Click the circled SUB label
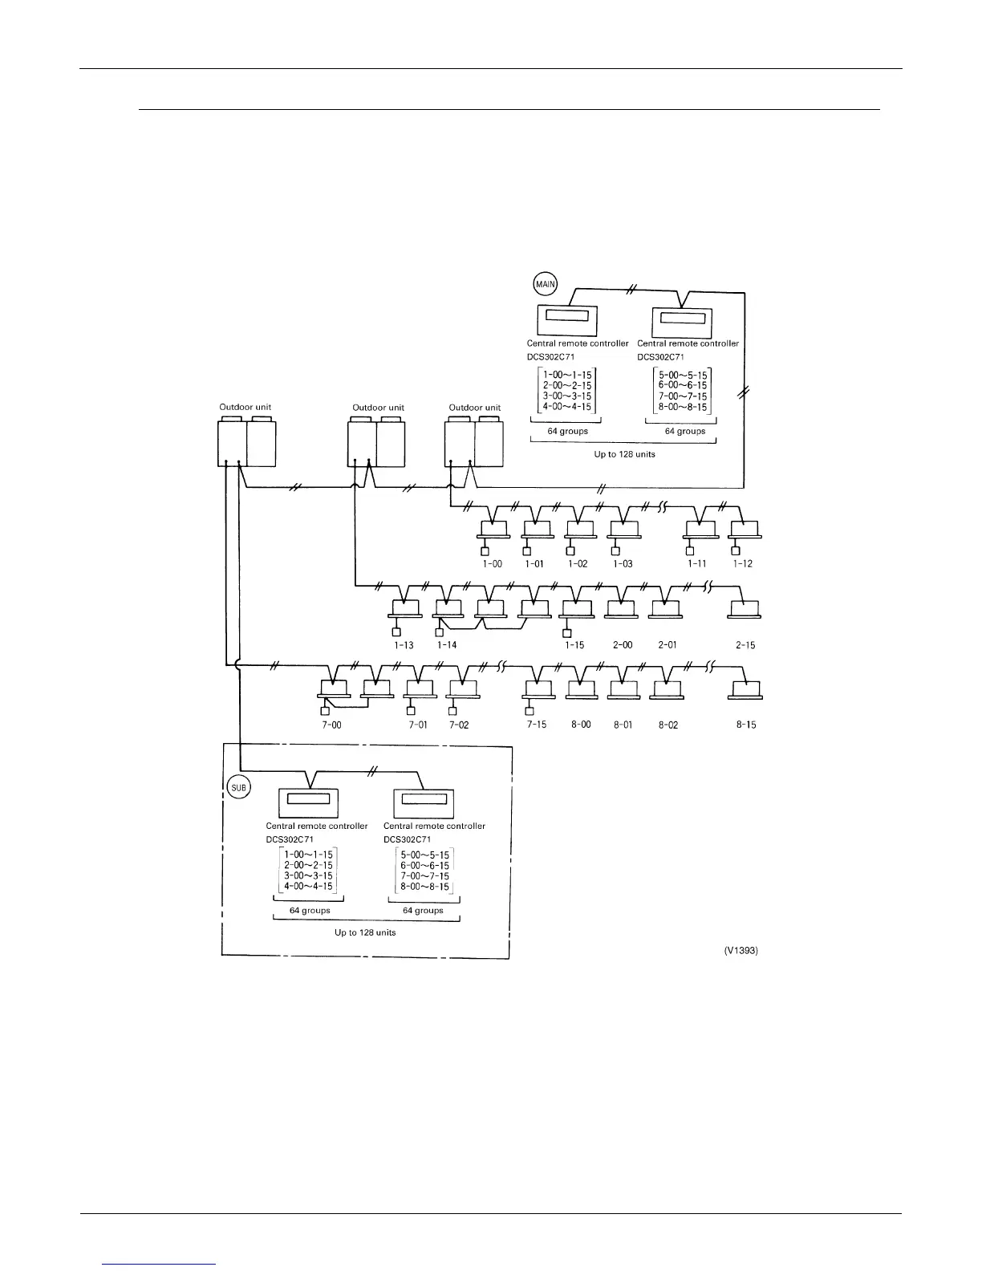coord(239,787)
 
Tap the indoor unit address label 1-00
coord(492,564)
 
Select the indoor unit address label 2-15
coord(745,645)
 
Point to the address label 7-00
coord(331,725)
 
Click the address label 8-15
coord(745,725)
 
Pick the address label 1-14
coord(447,645)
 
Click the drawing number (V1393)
coord(741,950)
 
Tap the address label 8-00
coord(581,725)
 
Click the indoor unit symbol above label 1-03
coord(623,530)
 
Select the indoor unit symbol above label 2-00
coord(622,611)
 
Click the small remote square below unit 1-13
coord(396,631)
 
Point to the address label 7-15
coord(537,725)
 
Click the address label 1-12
coord(743,564)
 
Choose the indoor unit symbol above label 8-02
coord(666,690)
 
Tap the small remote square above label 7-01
coord(412,710)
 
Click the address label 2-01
coord(667,645)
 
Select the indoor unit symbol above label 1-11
coord(700,530)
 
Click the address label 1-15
coord(574,645)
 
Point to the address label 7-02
coord(459,725)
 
